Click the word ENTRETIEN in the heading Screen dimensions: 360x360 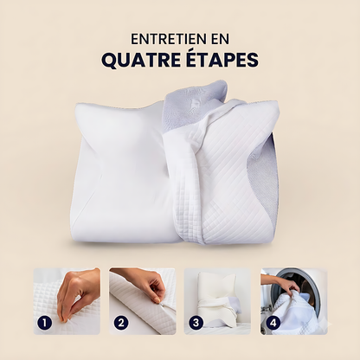(164, 39)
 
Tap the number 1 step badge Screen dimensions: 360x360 (44, 323)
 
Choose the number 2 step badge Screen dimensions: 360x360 (120, 323)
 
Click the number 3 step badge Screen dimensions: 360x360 (196, 323)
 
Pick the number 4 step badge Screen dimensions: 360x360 (273, 323)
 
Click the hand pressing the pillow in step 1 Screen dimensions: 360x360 (76, 292)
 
